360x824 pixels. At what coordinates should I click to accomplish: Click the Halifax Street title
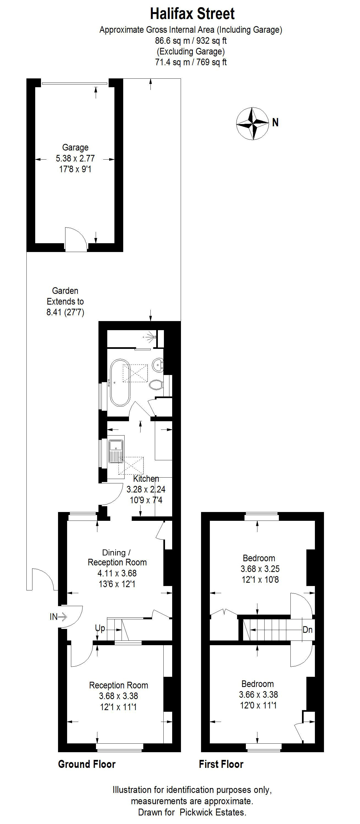[x=192, y=14]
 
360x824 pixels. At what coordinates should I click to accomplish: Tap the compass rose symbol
[x=252, y=124]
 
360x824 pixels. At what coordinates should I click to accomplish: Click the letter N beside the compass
[x=275, y=122]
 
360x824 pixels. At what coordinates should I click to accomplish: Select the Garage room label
[x=75, y=147]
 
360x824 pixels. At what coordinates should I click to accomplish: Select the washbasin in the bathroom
[x=158, y=365]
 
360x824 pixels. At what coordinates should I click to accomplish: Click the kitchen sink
[x=116, y=452]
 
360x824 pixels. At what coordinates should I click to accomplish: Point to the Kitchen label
[x=146, y=478]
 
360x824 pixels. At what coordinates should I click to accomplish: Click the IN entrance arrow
[x=58, y=617]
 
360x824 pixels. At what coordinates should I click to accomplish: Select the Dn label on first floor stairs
[x=307, y=630]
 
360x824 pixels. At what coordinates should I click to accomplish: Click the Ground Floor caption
[x=87, y=764]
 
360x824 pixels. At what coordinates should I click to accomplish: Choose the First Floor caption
[x=221, y=764]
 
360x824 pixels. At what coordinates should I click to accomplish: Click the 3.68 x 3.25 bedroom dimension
[x=260, y=569]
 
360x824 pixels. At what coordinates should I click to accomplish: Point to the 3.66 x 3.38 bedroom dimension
[x=258, y=694]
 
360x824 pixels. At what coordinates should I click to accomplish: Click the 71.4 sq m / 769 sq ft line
[x=191, y=62]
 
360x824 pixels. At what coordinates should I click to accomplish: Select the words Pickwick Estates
[x=213, y=812]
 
